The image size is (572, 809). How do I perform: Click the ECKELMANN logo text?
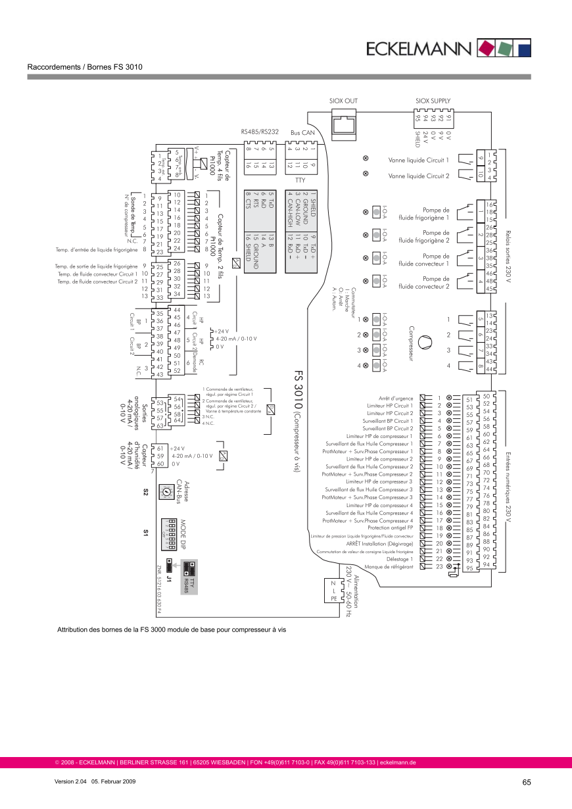[x=418, y=48]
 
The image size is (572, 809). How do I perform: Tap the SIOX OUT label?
[x=343, y=101]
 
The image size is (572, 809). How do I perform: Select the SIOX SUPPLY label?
[x=433, y=101]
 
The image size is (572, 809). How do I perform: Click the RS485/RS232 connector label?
[x=260, y=132]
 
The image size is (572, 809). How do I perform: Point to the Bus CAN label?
[x=303, y=133]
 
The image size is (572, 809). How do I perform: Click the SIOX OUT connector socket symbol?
[x=343, y=123]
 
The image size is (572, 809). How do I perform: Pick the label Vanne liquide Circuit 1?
[x=419, y=160]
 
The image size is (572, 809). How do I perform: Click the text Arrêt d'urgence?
[x=396, y=398]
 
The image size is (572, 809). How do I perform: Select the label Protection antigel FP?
[x=391, y=528]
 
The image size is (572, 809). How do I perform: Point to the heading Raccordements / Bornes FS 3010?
[x=85, y=67]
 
